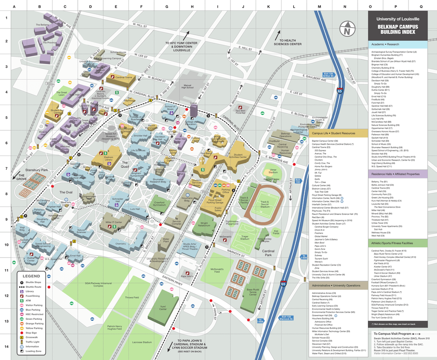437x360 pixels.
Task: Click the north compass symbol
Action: click(x=347, y=30)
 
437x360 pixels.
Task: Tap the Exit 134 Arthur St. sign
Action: click(x=329, y=74)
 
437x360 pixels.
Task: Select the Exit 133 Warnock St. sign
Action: click(x=286, y=318)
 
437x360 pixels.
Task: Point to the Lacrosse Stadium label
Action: click(x=142, y=342)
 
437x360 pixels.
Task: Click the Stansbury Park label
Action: click(x=36, y=170)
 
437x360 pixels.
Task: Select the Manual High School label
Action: click(x=188, y=87)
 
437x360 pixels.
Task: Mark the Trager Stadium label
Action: click(x=245, y=238)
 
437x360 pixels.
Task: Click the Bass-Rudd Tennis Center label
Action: click(x=253, y=292)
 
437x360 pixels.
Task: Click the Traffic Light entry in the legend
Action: click(x=32, y=342)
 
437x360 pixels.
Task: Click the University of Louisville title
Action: click(x=398, y=19)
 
